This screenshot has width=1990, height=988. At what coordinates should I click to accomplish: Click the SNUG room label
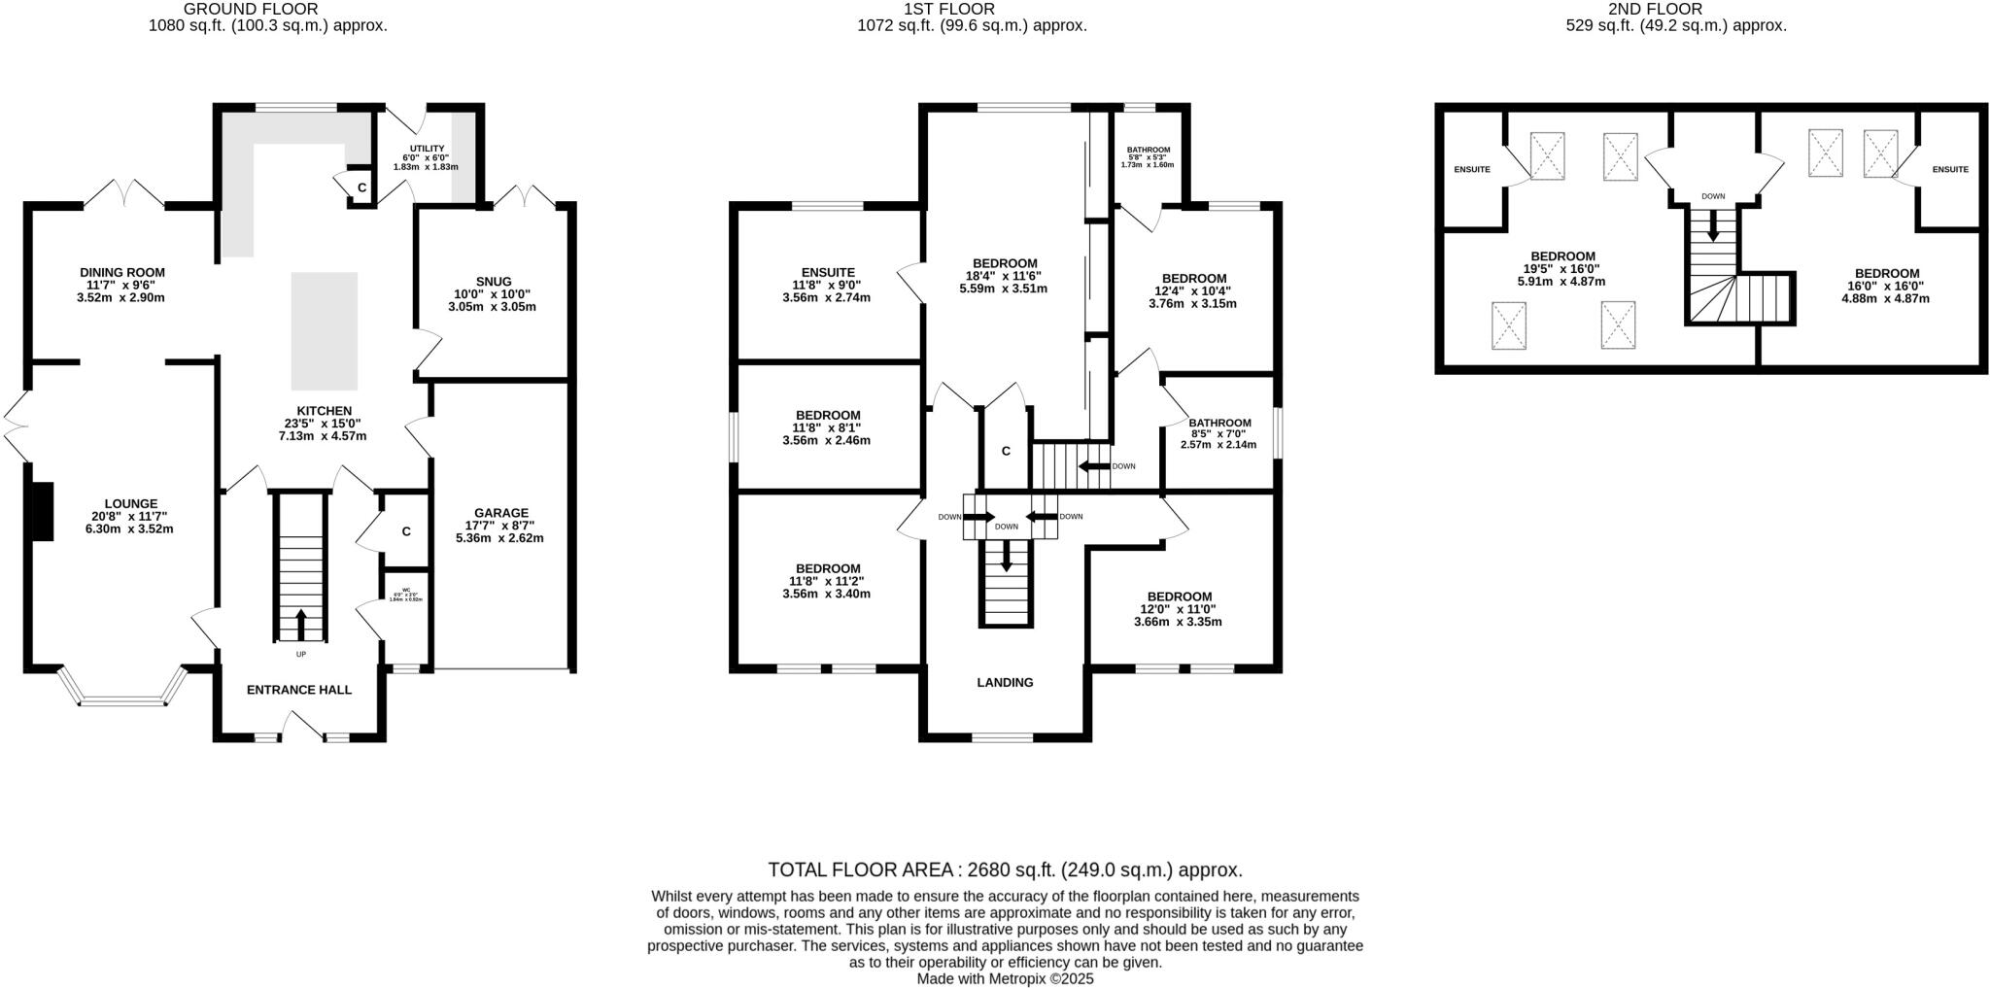pos(494,282)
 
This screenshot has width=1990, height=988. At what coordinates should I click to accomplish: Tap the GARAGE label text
pos(500,513)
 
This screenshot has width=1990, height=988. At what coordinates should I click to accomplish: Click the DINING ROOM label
pos(122,273)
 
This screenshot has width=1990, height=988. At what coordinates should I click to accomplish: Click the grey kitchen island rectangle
pos(325,330)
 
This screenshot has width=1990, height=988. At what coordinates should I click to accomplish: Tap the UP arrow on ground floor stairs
pos(300,622)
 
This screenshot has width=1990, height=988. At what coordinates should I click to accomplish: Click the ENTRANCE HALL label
pos(299,690)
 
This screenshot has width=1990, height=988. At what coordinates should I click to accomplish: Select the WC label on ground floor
pos(406,590)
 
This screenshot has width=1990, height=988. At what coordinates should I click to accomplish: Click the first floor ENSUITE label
pos(828,273)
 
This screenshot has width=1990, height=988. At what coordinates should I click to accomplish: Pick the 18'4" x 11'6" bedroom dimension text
pos(1005,276)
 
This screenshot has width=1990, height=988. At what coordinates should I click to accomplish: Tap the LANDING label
pos(1005,683)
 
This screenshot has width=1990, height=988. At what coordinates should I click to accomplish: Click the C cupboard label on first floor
pos(1006,451)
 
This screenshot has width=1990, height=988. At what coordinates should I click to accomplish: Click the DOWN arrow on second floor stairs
pos(1713,227)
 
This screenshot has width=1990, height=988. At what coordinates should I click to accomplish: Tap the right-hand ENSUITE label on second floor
pos(1950,170)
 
